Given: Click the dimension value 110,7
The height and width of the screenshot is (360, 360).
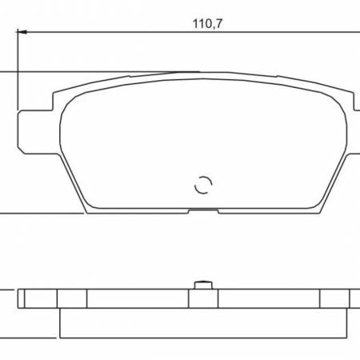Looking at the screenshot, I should (206, 24).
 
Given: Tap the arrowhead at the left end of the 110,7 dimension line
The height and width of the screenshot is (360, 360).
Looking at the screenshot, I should (22, 33).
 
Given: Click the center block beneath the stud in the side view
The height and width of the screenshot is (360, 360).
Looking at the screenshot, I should (203, 298).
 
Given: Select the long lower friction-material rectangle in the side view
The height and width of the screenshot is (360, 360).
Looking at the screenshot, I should (204, 323).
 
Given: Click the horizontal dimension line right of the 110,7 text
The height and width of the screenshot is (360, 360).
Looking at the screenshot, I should (288, 33).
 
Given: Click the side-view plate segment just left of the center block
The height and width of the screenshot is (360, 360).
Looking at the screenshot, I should (136, 298).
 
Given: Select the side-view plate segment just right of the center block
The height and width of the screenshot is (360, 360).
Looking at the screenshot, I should (268, 298).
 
